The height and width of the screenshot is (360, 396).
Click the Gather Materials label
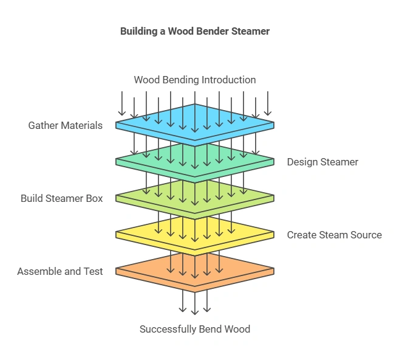click(66, 125)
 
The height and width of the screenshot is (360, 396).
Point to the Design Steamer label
click(323, 162)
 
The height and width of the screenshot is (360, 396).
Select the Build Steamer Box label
click(61, 198)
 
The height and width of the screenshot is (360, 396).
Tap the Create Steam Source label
click(334, 235)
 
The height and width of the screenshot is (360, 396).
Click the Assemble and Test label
click(60, 271)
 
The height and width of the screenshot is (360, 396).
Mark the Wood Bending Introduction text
click(195, 80)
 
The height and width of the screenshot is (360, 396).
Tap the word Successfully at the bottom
click(163, 329)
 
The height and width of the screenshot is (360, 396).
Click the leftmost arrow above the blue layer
click(122, 103)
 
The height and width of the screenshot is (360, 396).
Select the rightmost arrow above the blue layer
click(268, 103)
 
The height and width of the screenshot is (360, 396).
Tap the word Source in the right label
click(366, 235)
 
